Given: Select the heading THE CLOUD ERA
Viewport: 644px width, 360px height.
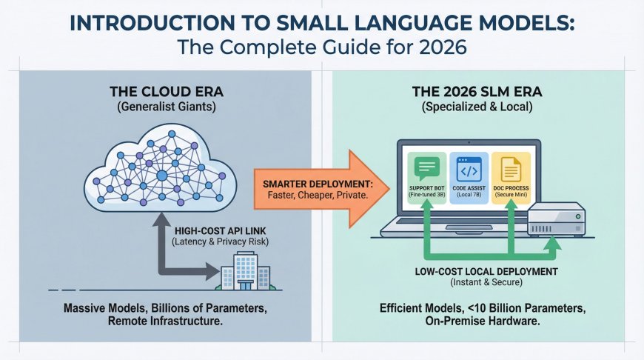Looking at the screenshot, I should (161, 94).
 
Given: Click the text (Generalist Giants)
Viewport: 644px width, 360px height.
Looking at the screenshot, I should (161, 110).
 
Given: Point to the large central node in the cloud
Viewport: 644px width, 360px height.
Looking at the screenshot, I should (162, 176).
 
